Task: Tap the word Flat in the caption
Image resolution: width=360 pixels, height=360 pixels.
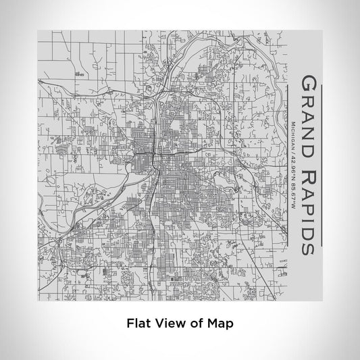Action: click(x=138, y=323)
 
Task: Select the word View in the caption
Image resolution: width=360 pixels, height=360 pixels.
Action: click(x=168, y=323)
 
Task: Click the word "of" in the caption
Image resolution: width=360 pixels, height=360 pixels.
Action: click(x=195, y=323)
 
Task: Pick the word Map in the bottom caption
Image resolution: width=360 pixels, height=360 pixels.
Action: click(x=221, y=323)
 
